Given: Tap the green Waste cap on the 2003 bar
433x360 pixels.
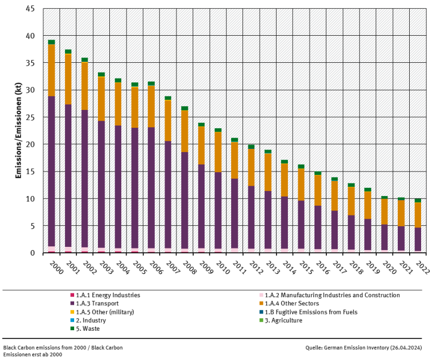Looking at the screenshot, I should click(x=101, y=75).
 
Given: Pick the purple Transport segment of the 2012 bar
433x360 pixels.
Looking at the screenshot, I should click(x=251, y=217).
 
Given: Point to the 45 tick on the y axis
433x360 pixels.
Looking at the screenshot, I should click(x=31, y=9).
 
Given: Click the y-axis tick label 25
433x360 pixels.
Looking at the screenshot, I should click(x=31, y=117).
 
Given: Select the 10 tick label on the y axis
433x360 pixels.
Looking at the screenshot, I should click(x=31, y=199).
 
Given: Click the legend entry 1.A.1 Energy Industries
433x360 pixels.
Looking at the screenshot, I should click(x=105, y=296).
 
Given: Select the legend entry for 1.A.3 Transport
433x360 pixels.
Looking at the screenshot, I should click(x=97, y=304).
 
